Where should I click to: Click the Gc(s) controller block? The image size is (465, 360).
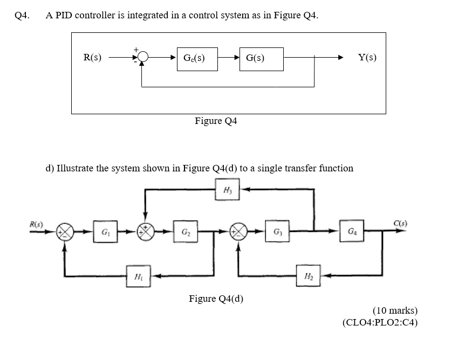coord(197,58)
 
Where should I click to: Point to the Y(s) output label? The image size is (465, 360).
coord(367,57)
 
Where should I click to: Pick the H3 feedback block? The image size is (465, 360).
coord(227,189)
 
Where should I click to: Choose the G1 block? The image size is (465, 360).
coord(103,233)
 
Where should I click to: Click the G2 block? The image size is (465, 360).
coord(184,233)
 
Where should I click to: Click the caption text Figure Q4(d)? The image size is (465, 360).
coord(216,299)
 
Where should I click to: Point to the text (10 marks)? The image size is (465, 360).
coord(395,310)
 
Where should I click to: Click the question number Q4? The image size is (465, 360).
coord(22,15)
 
